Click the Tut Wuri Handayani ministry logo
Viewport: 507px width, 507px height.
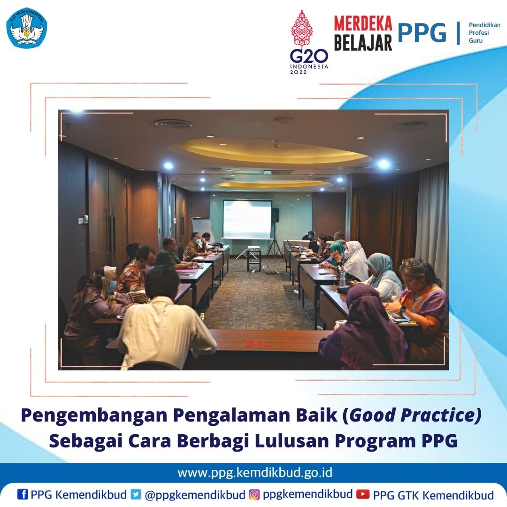pos(27,28)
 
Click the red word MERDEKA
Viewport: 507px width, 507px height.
pos(363,23)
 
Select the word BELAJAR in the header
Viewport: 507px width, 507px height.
pos(363,42)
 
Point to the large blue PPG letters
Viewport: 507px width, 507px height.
pos(422,33)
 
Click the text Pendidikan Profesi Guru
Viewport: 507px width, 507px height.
pos(484,33)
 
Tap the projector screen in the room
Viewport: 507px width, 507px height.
pos(247,219)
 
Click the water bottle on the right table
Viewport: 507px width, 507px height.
pos(342,277)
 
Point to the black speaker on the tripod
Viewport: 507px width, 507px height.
pos(275,215)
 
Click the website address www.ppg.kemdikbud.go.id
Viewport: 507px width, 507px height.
pos(255,473)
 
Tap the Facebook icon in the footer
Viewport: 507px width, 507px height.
pos(23,494)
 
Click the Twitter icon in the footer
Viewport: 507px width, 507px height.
pos(136,494)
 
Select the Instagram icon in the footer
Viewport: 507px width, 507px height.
pos(254,494)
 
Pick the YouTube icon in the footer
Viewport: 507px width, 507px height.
pos(363,494)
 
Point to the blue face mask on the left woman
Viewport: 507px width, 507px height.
pos(112,286)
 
